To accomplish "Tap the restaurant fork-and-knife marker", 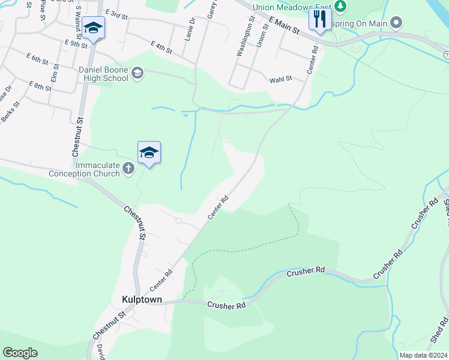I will (x=319, y=20).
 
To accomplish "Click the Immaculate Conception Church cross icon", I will (x=128, y=169).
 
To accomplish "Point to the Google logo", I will (x=20, y=352).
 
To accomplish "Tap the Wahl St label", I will (x=280, y=79).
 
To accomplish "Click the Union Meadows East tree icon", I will (x=342, y=7).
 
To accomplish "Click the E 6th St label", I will (x=37, y=58).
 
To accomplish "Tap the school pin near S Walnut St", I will (x=94, y=28).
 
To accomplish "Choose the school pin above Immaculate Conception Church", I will (x=149, y=153).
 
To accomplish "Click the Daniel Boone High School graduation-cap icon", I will (x=137, y=73).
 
